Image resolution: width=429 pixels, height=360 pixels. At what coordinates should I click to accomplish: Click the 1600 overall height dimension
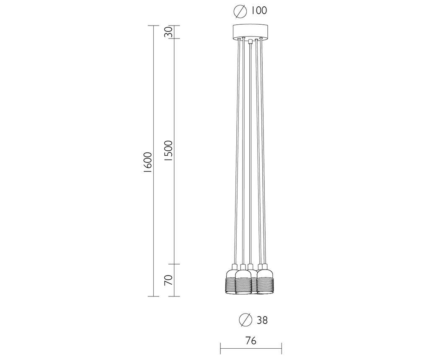(148, 162)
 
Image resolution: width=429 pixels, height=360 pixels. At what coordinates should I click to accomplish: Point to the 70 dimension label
(168, 280)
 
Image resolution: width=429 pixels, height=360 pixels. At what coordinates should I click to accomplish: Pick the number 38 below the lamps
(262, 320)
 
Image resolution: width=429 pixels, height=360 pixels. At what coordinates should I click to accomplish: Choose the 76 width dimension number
(251, 341)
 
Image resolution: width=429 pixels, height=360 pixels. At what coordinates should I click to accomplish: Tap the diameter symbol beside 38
(246, 320)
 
